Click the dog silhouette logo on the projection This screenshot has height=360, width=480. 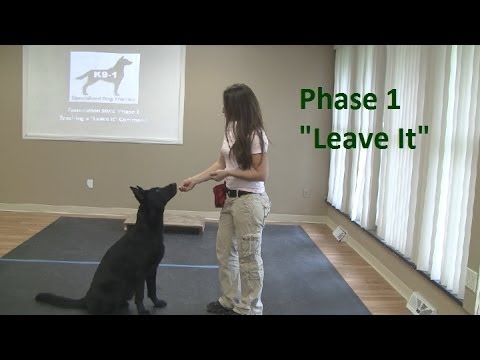(105, 75)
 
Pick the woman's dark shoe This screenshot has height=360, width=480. (219, 306)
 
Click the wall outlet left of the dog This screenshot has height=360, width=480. (89, 184)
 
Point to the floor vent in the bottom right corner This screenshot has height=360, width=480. (421, 303)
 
